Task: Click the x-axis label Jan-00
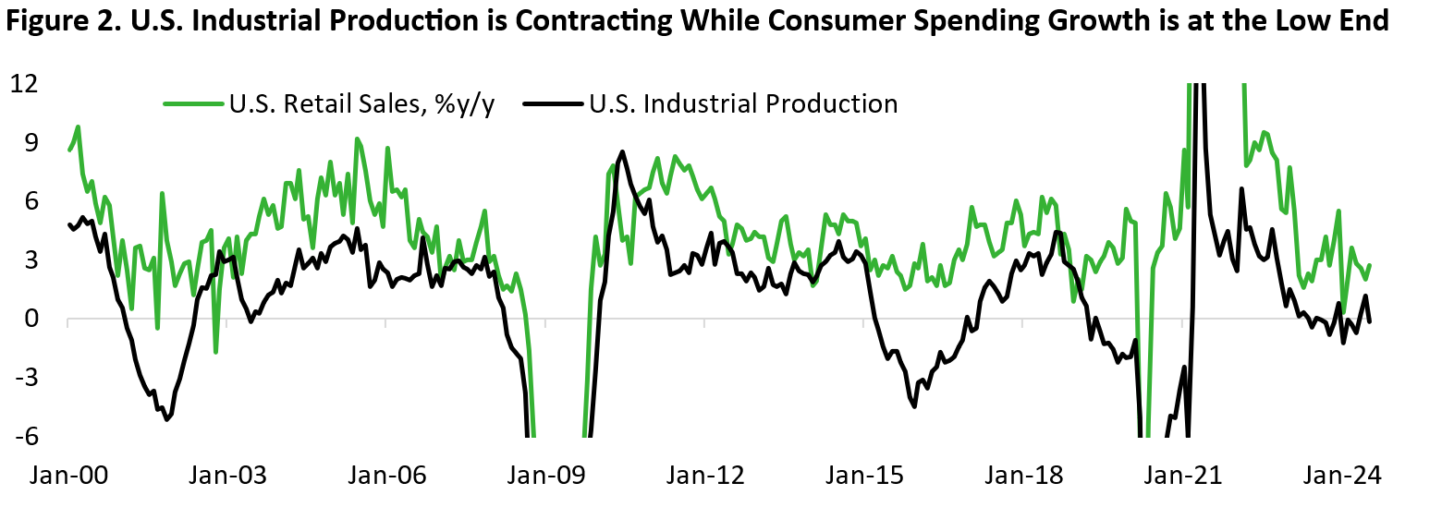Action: pyautogui.click(x=69, y=477)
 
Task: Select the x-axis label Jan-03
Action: pyautogui.click(x=228, y=477)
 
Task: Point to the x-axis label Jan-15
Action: pyautogui.click(x=865, y=477)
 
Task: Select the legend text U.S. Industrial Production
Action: pyautogui.click(x=743, y=103)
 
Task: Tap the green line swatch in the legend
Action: pyautogui.click(x=192, y=103)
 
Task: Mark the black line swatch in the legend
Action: pyautogui.click(x=552, y=103)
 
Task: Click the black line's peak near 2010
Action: pyautogui.click(x=622, y=151)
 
